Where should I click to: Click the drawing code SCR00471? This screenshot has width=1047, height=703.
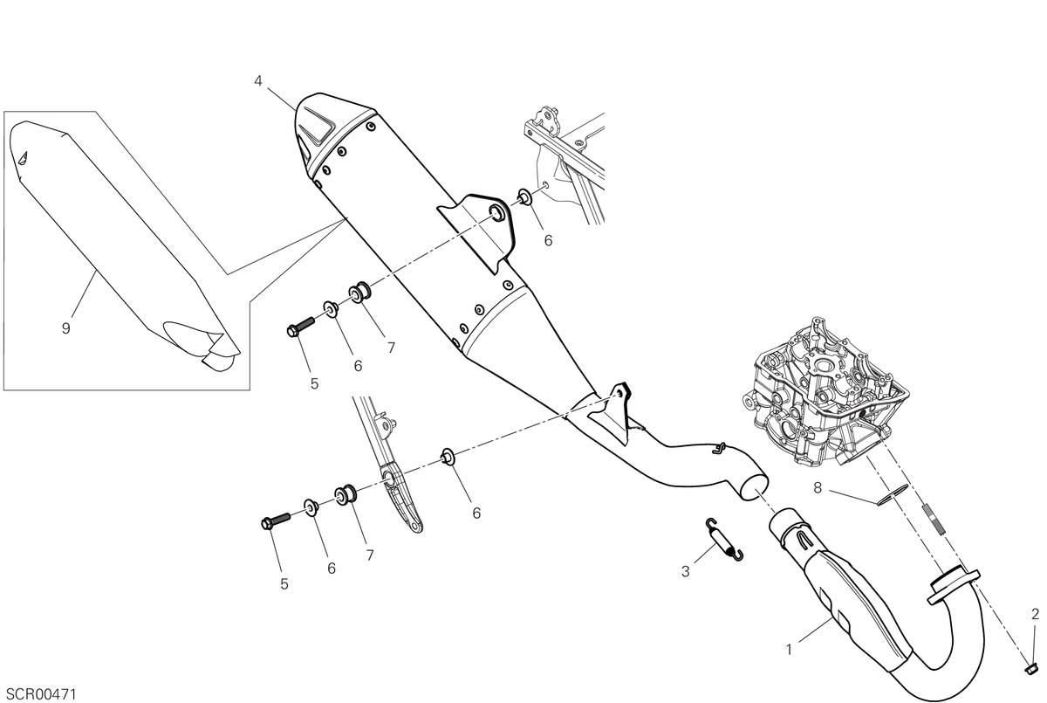41,693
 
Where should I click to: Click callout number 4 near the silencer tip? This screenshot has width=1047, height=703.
258,81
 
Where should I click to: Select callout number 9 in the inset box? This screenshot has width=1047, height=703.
66,328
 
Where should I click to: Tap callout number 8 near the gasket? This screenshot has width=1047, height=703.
818,488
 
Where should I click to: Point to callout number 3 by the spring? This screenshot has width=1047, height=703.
686,571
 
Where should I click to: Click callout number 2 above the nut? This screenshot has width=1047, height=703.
1036,614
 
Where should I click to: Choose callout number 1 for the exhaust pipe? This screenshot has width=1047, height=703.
789,650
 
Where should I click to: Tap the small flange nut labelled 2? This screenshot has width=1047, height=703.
1030,669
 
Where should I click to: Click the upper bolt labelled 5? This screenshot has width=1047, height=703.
300,327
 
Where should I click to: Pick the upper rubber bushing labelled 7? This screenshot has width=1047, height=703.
361,293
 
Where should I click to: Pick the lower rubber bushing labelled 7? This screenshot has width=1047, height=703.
346,495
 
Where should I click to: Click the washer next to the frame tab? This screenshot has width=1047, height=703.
525,197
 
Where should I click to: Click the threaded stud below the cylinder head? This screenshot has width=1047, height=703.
933,519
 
